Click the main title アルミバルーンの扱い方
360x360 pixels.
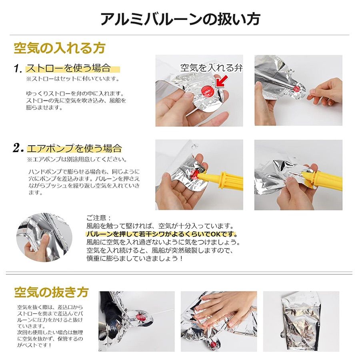click(x=180, y=18)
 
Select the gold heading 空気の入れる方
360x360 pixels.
click(x=60, y=48)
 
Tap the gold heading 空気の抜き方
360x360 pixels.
click(x=51, y=292)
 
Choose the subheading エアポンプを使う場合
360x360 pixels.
click(x=74, y=149)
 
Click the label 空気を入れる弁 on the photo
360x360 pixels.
click(x=211, y=67)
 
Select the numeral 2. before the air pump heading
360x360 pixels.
click(x=18, y=149)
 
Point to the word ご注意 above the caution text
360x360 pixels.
click(x=96, y=218)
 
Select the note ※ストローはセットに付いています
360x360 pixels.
click(x=73, y=79)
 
